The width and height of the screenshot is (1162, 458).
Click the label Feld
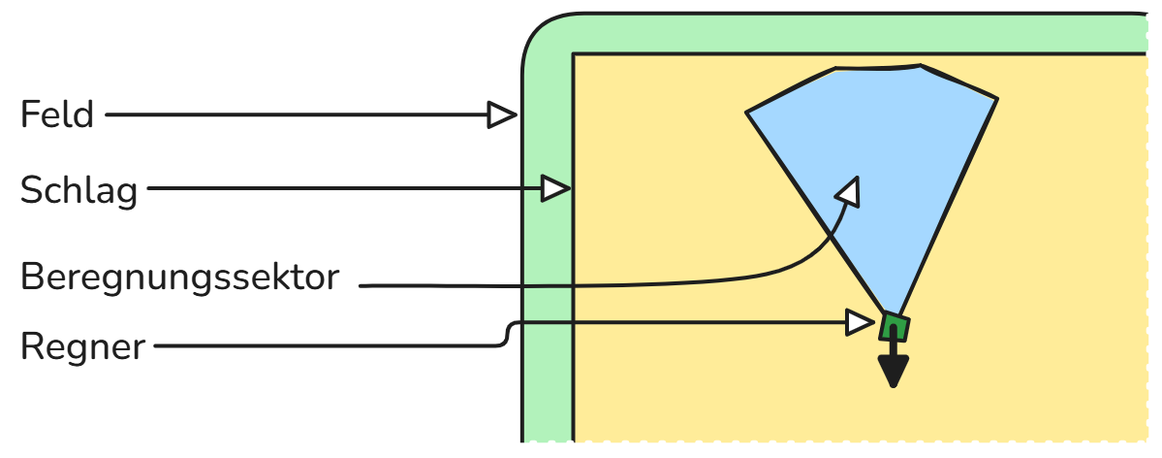click(57, 115)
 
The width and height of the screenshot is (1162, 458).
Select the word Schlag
click(79, 190)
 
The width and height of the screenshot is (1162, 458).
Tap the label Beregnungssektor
click(180, 278)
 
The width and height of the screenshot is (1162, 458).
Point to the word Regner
click(82, 345)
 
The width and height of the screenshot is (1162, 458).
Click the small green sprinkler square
click(894, 328)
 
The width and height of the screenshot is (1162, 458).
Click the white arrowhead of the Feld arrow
click(501, 115)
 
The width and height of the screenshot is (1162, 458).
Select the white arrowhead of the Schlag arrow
click(554, 188)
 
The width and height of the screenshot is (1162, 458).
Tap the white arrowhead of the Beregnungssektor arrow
click(850, 191)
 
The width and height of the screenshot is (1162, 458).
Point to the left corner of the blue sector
click(748, 114)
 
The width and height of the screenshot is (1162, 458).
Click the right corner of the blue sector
click(995, 100)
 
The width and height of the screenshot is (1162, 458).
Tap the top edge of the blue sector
click(877, 68)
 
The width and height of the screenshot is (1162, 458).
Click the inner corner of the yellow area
click(575, 55)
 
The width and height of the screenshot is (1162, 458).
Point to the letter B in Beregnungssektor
click(32, 278)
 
